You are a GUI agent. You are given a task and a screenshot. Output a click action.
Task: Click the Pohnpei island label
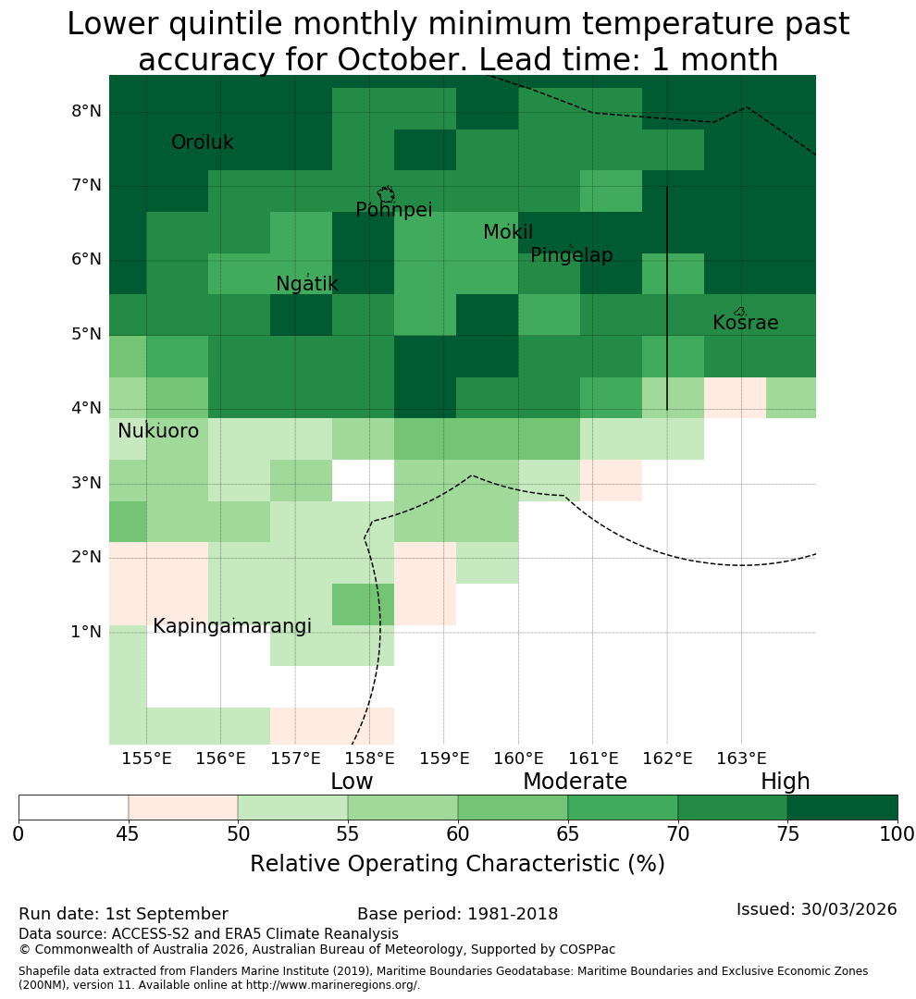tap(393, 210)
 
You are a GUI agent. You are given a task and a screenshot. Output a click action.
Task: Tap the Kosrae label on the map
tap(745, 323)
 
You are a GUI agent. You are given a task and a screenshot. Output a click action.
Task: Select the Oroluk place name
tap(202, 142)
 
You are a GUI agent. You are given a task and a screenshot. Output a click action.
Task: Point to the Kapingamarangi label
tap(232, 627)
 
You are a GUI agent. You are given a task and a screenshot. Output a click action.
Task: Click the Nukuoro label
tap(158, 431)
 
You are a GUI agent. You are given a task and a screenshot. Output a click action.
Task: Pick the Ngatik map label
tap(306, 284)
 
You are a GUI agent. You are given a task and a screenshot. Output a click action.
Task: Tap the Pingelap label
tap(571, 255)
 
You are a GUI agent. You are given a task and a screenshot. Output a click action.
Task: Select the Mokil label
tap(508, 232)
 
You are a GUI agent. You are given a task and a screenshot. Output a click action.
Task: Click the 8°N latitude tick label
tap(86, 112)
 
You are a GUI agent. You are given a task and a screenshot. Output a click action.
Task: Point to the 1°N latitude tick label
tap(86, 632)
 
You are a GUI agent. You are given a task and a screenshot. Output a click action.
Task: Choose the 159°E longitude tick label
tap(444, 758)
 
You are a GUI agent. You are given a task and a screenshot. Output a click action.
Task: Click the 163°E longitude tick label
tap(741, 758)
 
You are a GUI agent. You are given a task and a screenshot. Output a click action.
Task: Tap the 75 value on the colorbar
tap(788, 834)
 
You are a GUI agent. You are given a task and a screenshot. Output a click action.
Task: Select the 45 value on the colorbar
tap(128, 834)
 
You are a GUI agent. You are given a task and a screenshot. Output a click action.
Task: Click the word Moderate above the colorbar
tap(575, 781)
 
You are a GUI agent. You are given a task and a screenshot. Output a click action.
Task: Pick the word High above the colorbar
tap(785, 782)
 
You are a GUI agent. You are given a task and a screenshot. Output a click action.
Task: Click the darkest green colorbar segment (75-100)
tap(843, 808)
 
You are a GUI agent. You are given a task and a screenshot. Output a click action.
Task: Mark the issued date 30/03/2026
tap(848, 909)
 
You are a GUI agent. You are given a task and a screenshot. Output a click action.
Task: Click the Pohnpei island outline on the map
tap(386, 194)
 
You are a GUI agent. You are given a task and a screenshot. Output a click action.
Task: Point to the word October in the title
tap(402, 60)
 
